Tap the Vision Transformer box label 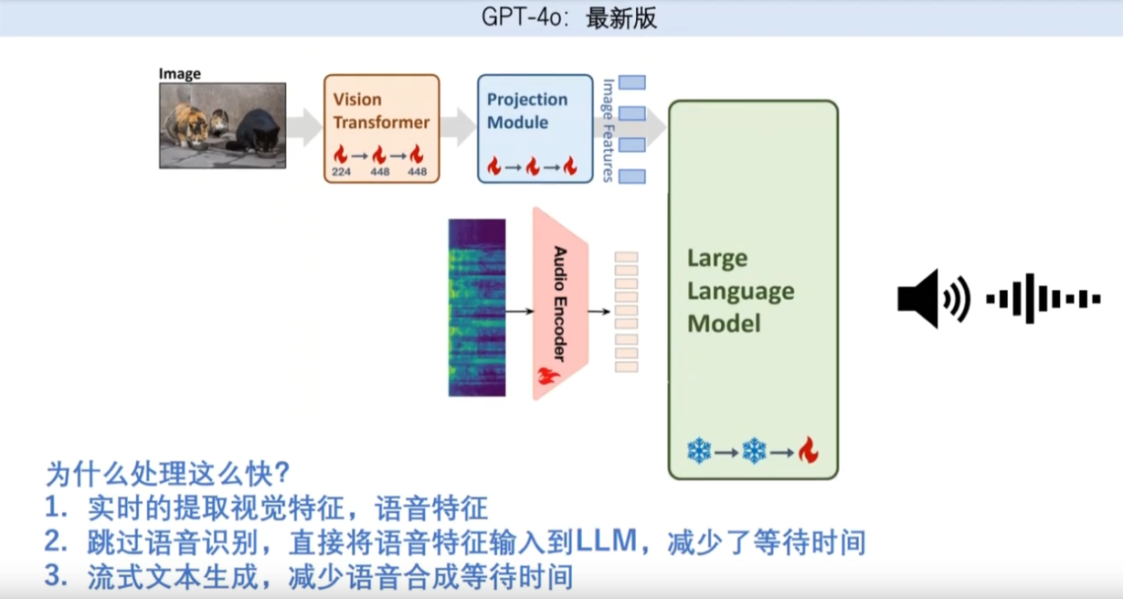click(380, 111)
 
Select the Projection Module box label click(526, 111)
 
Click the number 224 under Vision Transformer click(340, 172)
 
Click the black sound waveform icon click(1043, 298)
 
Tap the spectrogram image click(476, 307)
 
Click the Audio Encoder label click(560, 303)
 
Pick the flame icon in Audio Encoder click(548, 375)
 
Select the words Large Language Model click(740, 291)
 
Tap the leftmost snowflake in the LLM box click(699, 451)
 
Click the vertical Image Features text click(608, 130)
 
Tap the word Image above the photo click(179, 74)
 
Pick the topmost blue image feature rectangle click(632, 82)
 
